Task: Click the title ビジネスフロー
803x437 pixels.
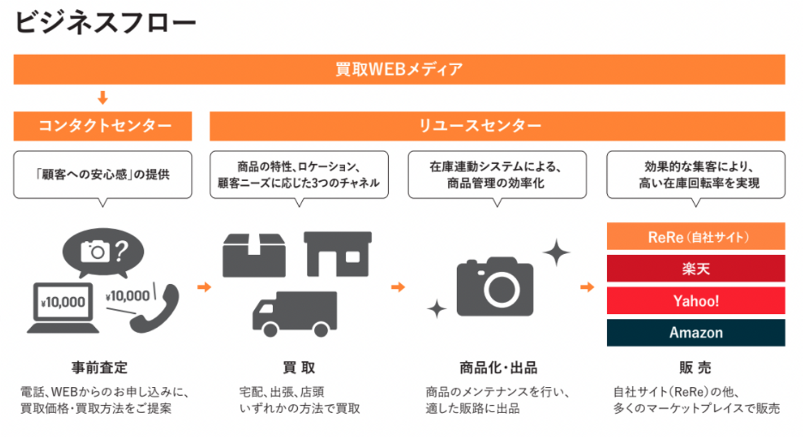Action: point(105,23)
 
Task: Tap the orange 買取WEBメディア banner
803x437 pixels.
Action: point(399,70)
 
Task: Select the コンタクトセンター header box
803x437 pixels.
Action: point(103,126)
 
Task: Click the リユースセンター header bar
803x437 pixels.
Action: point(497,126)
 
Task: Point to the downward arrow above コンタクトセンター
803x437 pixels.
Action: point(102,99)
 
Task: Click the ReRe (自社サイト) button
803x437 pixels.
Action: point(695,236)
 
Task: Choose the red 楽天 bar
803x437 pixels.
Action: point(695,269)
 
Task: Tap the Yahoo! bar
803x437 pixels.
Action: point(695,301)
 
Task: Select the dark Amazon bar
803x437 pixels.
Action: point(695,333)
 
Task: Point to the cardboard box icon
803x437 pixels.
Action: point(254,253)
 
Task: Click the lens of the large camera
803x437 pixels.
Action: point(501,288)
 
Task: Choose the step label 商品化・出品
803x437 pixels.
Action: point(498,368)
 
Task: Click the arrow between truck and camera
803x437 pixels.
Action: point(398,287)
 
